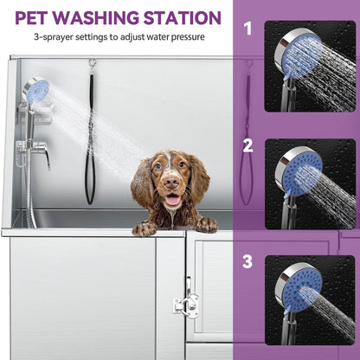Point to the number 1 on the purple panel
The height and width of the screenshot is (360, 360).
(247, 29)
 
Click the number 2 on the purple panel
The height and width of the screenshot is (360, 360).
(247, 146)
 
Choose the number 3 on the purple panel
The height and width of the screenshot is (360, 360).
(247, 260)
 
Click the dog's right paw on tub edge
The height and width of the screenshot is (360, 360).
(206, 224)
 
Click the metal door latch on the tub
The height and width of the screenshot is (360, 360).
(185, 302)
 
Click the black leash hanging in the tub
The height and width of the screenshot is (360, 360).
(90, 138)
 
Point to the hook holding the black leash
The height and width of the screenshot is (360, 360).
(91, 64)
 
